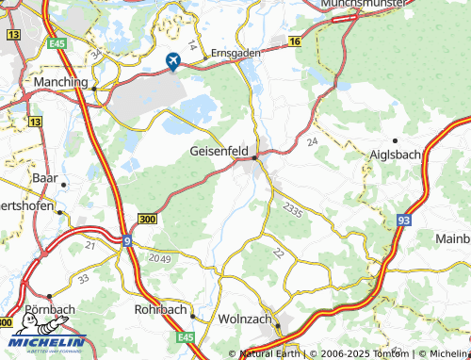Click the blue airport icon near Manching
point(174,60)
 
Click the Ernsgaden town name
point(235,54)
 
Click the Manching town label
point(59,84)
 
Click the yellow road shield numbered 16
point(294,42)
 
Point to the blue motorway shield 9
point(125,240)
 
